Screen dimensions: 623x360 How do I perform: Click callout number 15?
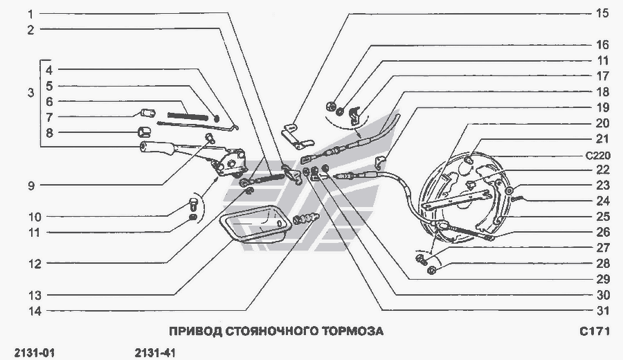[602, 14]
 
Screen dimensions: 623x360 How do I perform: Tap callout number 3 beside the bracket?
[31, 93]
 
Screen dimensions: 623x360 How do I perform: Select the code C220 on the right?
[598, 155]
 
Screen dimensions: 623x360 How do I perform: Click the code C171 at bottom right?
[595, 331]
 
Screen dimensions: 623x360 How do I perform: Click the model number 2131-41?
[155, 353]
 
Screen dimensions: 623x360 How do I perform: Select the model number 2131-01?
[34, 353]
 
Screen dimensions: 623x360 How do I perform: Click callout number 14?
[35, 311]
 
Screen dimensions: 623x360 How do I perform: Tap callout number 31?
[603, 310]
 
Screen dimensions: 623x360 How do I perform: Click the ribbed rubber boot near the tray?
[306, 219]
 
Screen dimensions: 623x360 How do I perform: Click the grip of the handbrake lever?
[156, 147]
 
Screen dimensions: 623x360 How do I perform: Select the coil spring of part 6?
[188, 116]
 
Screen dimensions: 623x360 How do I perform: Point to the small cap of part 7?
[148, 113]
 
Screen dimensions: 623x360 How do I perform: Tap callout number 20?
[602, 123]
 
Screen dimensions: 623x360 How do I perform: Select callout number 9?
[31, 186]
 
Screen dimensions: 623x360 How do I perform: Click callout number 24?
[603, 201]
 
